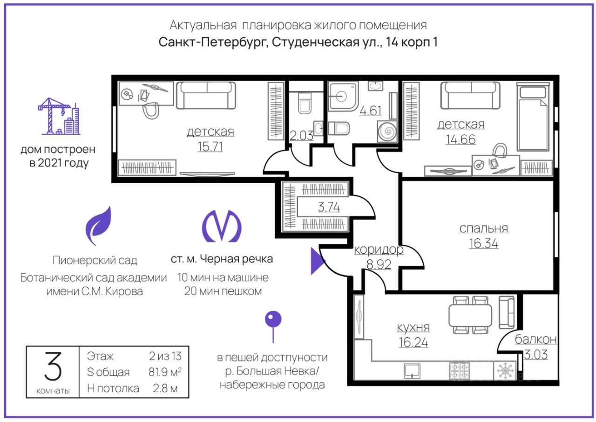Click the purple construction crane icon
point(59,117)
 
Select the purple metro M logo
point(222,227)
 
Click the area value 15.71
point(210,146)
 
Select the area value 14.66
point(461,139)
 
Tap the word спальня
point(483,228)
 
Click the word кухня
point(413,327)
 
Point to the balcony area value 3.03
point(535,354)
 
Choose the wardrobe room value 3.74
point(329,207)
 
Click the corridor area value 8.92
point(379,264)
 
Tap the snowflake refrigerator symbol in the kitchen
point(504,371)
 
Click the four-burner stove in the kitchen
point(460,371)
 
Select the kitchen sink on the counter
point(412,371)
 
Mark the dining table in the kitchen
point(470,315)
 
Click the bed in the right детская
point(533,117)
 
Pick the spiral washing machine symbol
point(387,131)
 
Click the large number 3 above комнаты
point(53,367)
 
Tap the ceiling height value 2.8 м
point(165,388)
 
